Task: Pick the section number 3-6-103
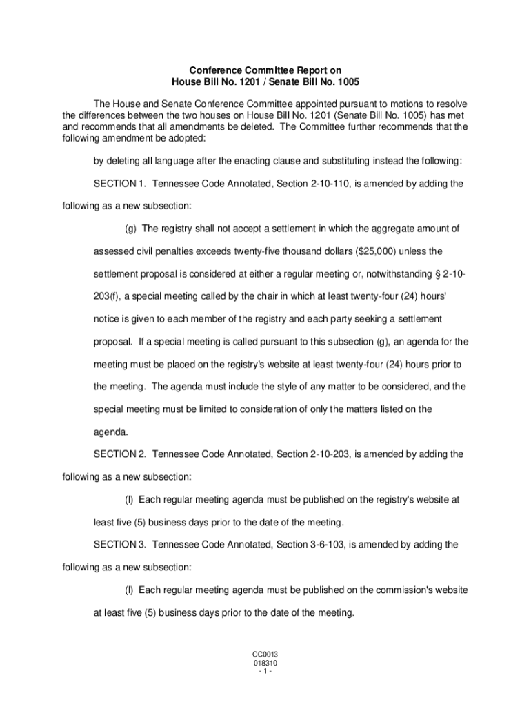[x=324, y=544]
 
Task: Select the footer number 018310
[x=265, y=662]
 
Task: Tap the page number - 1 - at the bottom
[x=265, y=670]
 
